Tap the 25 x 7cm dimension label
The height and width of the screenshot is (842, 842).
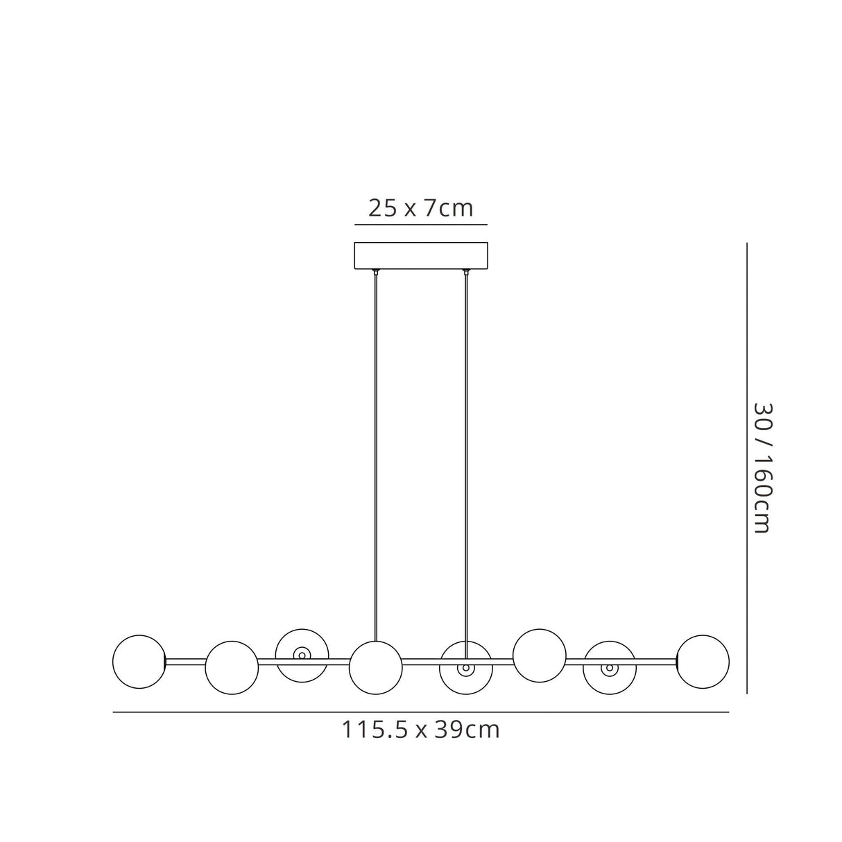click(x=420, y=208)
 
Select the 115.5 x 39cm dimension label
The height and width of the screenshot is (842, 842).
click(x=420, y=730)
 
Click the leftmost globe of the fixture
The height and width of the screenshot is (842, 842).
click(x=139, y=662)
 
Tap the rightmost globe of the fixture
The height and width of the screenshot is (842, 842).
click(x=703, y=662)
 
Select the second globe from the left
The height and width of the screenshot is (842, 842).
click(x=232, y=667)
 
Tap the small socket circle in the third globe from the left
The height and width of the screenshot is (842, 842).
click(x=302, y=654)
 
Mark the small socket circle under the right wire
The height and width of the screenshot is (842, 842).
click(x=466, y=669)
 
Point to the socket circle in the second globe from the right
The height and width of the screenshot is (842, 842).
click(x=609, y=669)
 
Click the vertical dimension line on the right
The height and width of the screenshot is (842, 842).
click(x=746, y=468)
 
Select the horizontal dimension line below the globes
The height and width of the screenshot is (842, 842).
click(x=420, y=712)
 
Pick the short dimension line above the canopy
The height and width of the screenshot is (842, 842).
click(x=421, y=225)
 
